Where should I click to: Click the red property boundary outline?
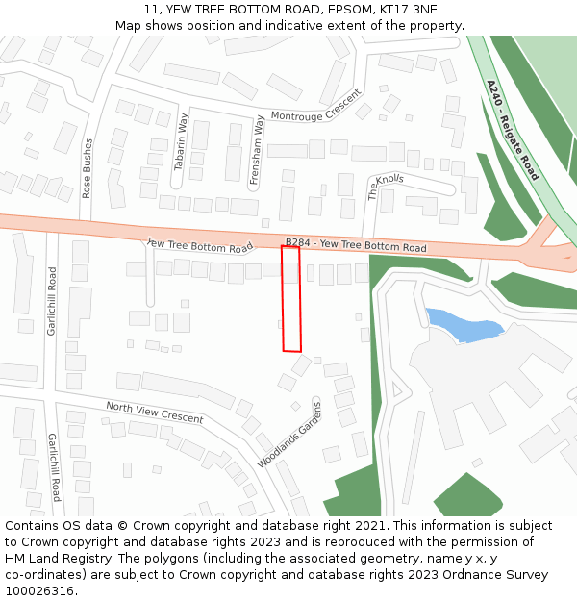tap(291, 298)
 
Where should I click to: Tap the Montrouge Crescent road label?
tap(315, 108)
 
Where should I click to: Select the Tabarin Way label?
tap(180, 142)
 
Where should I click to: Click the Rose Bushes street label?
tap(88, 168)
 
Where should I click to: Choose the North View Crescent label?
tap(154, 413)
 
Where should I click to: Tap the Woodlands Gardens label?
tap(289, 434)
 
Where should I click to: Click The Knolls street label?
tap(386, 186)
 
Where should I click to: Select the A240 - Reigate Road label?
tap(513, 130)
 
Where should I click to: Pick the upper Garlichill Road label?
tap(52, 301)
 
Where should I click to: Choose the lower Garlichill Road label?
tap(55, 467)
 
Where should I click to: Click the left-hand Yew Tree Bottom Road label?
tap(199, 246)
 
